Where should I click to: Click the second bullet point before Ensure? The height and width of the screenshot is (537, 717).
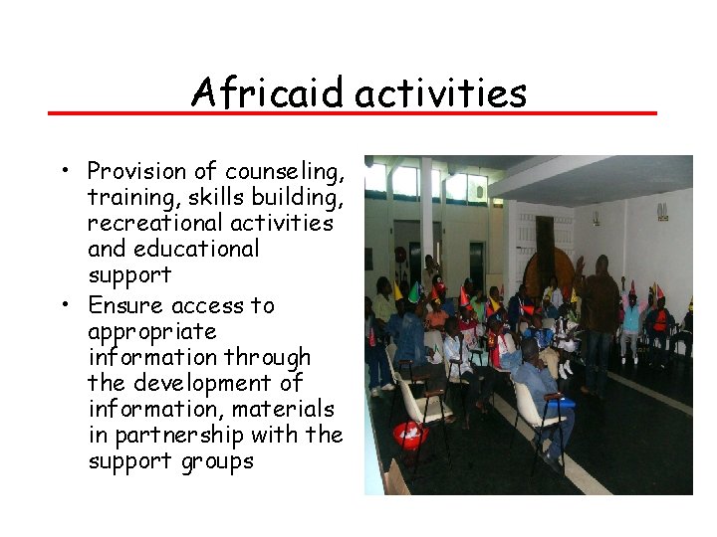click(63, 305)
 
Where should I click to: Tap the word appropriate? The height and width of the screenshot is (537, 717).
click(151, 332)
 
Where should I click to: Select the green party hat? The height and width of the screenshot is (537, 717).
click(413, 292)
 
